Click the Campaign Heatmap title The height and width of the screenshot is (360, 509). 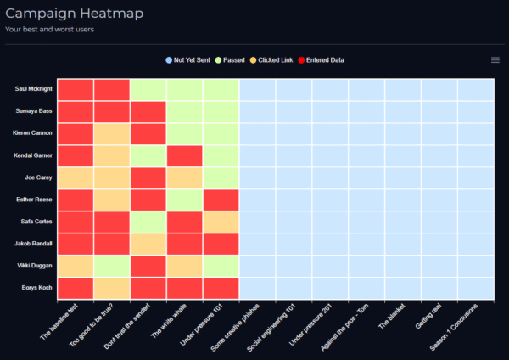tap(75, 14)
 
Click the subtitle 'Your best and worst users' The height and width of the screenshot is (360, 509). tap(50, 29)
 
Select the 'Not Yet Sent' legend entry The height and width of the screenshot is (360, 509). tap(188, 60)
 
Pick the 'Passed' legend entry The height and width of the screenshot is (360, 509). tap(230, 60)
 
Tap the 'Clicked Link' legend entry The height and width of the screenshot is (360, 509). tap(271, 60)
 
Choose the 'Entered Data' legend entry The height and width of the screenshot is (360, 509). tap(321, 60)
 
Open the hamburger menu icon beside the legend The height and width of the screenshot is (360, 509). tap(495, 60)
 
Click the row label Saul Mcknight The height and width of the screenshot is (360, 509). tap(33, 88)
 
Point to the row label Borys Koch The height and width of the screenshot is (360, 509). tap(36, 288)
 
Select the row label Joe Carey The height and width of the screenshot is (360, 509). tap(38, 177)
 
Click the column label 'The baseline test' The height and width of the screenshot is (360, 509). tap(59, 321)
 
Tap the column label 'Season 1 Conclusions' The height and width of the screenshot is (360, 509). tap(454, 327)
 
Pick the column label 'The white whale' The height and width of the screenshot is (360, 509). tap(169, 320)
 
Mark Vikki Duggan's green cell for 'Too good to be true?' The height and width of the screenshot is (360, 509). tap(112, 266)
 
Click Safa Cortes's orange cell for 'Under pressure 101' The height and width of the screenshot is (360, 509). tap(221, 222)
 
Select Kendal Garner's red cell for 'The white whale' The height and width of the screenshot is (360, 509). tap(185, 155)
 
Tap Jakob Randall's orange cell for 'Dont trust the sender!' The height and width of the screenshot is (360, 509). tap(148, 244)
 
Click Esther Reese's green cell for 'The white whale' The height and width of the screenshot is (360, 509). tap(185, 200)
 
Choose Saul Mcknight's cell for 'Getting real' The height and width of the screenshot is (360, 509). tap(439, 90)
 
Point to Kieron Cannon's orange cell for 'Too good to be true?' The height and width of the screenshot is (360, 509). tap(112, 133)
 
